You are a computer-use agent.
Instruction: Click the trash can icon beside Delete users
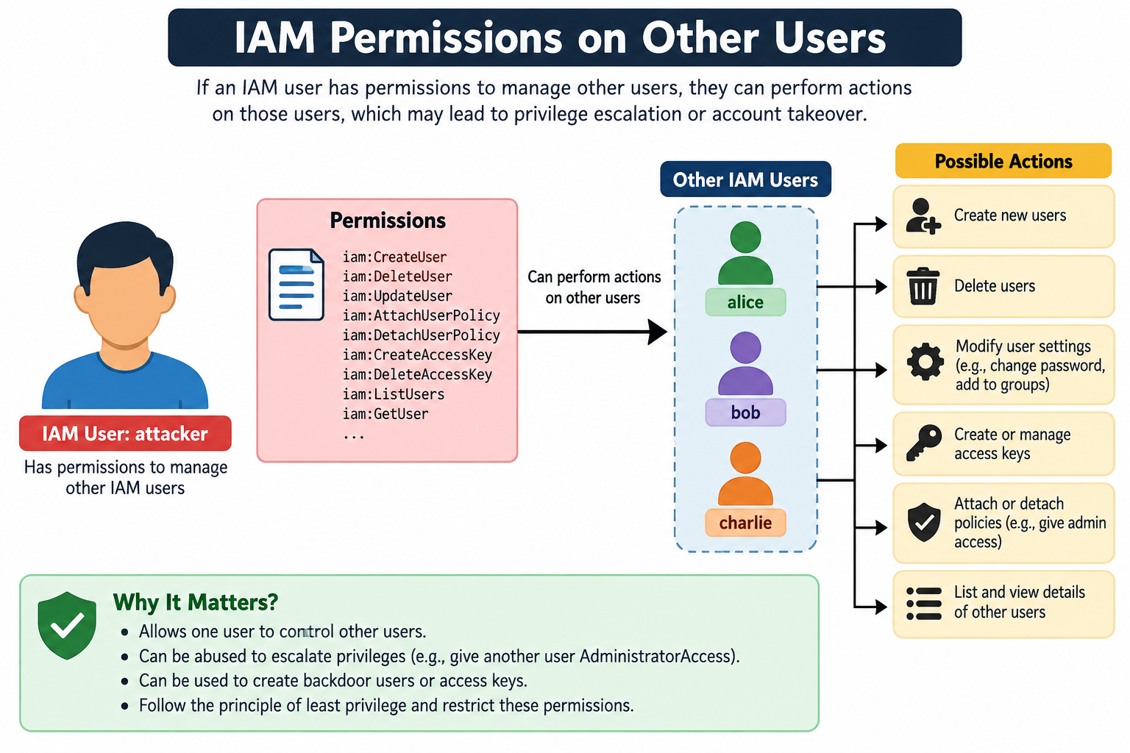click(x=923, y=286)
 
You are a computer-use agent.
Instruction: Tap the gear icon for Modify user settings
click(x=925, y=362)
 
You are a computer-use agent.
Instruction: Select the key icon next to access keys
click(x=924, y=443)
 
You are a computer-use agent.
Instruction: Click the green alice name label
click(x=745, y=302)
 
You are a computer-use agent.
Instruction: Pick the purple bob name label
click(x=745, y=413)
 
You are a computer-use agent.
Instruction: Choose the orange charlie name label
click(x=745, y=523)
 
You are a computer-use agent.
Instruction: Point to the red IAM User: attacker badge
click(x=125, y=433)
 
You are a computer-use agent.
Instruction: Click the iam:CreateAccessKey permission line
click(x=417, y=355)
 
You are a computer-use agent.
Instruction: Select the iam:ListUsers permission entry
click(x=394, y=394)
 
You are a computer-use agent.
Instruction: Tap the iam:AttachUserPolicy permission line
click(x=422, y=315)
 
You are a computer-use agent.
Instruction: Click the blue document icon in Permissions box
click(x=296, y=285)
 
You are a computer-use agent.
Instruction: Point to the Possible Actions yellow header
click(x=1003, y=161)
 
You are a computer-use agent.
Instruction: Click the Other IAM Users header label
click(x=745, y=179)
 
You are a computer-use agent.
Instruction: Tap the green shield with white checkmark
click(x=67, y=625)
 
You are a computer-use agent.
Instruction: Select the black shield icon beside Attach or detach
click(x=924, y=522)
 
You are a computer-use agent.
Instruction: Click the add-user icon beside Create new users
click(x=923, y=216)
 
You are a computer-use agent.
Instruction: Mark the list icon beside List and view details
click(x=924, y=603)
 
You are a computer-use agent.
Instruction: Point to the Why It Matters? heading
click(x=196, y=602)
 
